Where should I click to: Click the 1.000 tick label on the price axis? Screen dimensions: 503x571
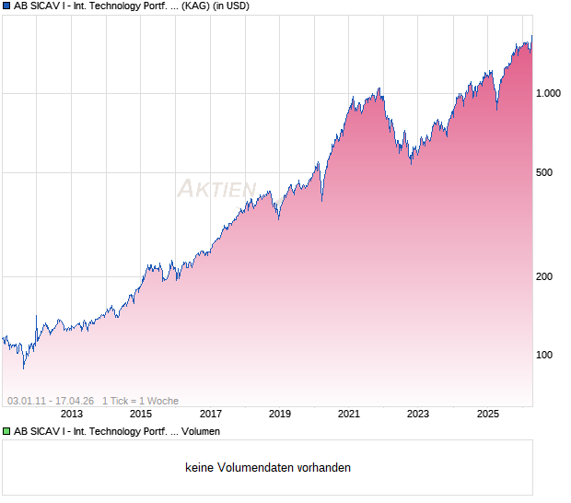(548, 93)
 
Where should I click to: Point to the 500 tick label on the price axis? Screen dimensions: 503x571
(545, 172)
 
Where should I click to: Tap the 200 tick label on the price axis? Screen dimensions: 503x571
(545, 276)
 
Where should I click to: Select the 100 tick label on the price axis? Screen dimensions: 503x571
(545, 355)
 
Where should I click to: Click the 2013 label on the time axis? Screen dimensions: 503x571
(72, 414)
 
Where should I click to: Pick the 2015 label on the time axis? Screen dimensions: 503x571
(141, 414)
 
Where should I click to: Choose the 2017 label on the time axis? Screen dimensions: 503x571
(211, 414)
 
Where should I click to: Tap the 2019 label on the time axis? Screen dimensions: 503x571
(280, 414)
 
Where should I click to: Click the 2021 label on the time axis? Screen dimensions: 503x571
(349, 414)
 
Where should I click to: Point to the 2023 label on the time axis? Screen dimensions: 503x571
(418, 414)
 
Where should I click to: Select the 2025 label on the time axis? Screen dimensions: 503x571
(488, 414)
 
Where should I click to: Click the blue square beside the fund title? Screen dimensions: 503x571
(6, 6)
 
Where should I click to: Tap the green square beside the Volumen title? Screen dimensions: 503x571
(6, 431)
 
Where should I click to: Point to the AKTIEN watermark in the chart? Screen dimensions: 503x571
(216, 189)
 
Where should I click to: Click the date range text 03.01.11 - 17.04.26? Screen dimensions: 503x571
(51, 401)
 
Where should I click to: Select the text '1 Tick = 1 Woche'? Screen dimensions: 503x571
(140, 401)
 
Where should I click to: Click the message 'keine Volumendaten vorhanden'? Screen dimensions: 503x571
(268, 468)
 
